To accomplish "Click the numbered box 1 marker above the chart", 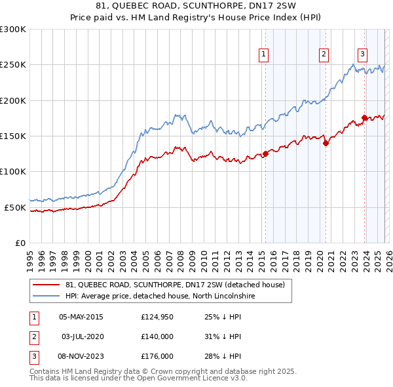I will tap(263, 54).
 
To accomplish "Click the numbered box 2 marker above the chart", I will tap(324, 54).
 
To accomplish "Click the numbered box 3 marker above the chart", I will tap(362, 54).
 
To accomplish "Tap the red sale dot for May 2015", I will tap(265, 154).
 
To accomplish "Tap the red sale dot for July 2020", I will tap(326, 144).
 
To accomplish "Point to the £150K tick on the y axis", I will tap(13, 136).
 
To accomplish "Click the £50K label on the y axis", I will tap(15, 207).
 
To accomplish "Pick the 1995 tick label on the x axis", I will tap(29, 256).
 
